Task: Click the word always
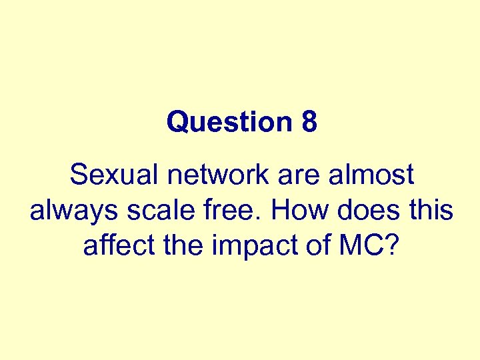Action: [x=69, y=211]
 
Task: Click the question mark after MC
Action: [x=393, y=246]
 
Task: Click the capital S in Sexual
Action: [x=78, y=175]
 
